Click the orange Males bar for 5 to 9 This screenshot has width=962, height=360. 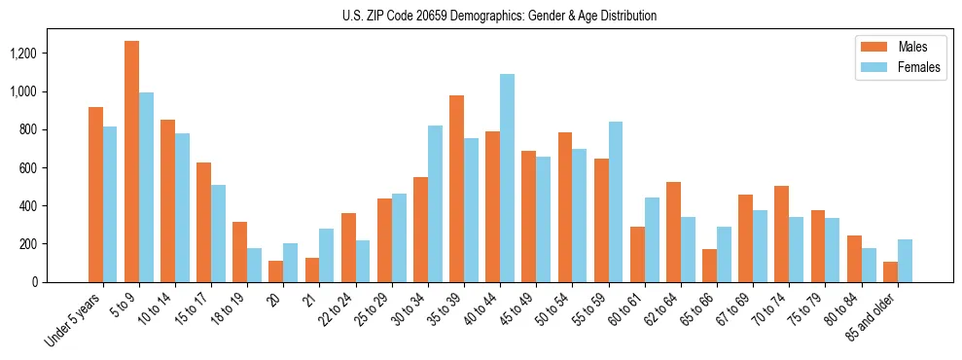[x=131, y=162]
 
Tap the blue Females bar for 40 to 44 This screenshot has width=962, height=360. [x=507, y=178]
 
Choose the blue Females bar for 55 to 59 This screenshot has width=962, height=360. [x=616, y=201]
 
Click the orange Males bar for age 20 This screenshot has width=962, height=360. [x=275, y=271]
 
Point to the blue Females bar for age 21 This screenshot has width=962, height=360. [x=327, y=255]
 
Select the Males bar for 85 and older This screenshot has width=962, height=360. [x=890, y=271]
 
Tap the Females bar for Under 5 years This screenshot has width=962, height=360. [x=110, y=204]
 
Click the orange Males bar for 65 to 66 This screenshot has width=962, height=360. [x=709, y=266]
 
